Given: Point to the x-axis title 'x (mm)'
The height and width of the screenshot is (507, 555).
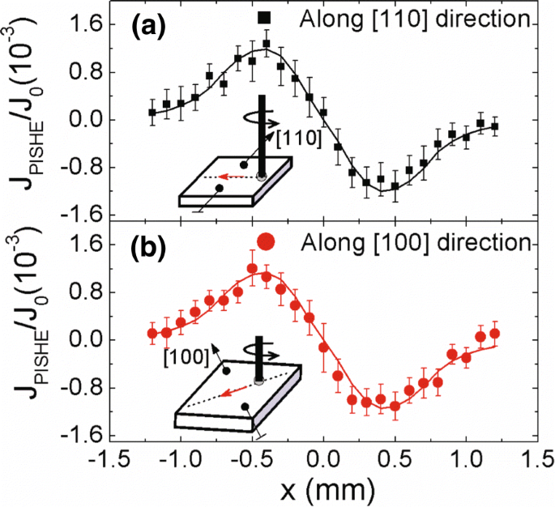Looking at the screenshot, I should coord(324,488).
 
